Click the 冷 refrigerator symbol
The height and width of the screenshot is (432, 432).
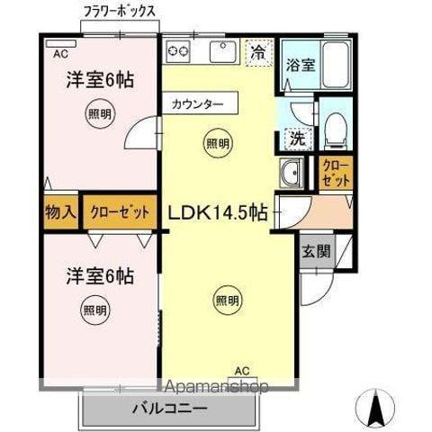click(x=258, y=52)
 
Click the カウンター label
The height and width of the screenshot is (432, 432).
click(x=198, y=104)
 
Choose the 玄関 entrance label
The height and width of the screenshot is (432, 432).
click(x=314, y=250)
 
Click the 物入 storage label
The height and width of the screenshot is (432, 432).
click(x=59, y=213)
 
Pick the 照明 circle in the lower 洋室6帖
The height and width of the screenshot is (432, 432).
click(x=94, y=310)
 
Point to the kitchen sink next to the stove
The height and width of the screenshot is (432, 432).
click(x=221, y=52)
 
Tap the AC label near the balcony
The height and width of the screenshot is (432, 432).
click(x=242, y=370)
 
